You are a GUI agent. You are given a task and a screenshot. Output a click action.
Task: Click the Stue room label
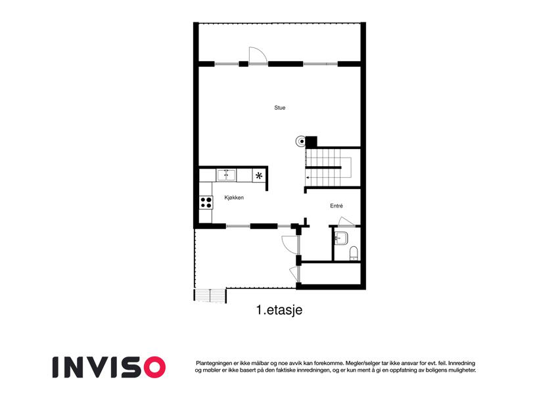pos(280,108)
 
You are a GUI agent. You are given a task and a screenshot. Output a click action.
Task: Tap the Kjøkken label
pos(234,198)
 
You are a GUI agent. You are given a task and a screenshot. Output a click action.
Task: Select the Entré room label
pos(337,206)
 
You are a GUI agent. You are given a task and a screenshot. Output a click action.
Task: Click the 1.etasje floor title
pos(279,310)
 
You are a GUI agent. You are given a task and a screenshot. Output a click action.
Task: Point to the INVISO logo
pos(109,367)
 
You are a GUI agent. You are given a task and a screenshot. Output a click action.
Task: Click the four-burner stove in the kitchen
pos(206,203)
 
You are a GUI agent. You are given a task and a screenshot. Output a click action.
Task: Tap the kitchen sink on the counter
pos(226,175)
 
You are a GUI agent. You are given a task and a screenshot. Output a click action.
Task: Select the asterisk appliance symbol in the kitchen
pos(259,176)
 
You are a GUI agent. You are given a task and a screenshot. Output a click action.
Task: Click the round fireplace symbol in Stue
pos(301,142)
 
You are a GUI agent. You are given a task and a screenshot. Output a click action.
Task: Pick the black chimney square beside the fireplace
pos(312,142)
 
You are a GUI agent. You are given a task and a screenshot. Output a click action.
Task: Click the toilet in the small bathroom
pos(354,253)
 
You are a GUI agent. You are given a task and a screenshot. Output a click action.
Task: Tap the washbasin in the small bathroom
pos(341,238)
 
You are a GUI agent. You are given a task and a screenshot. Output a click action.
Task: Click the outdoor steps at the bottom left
pos(210,296)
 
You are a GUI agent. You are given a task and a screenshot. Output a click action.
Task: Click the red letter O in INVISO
pos(154,367)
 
